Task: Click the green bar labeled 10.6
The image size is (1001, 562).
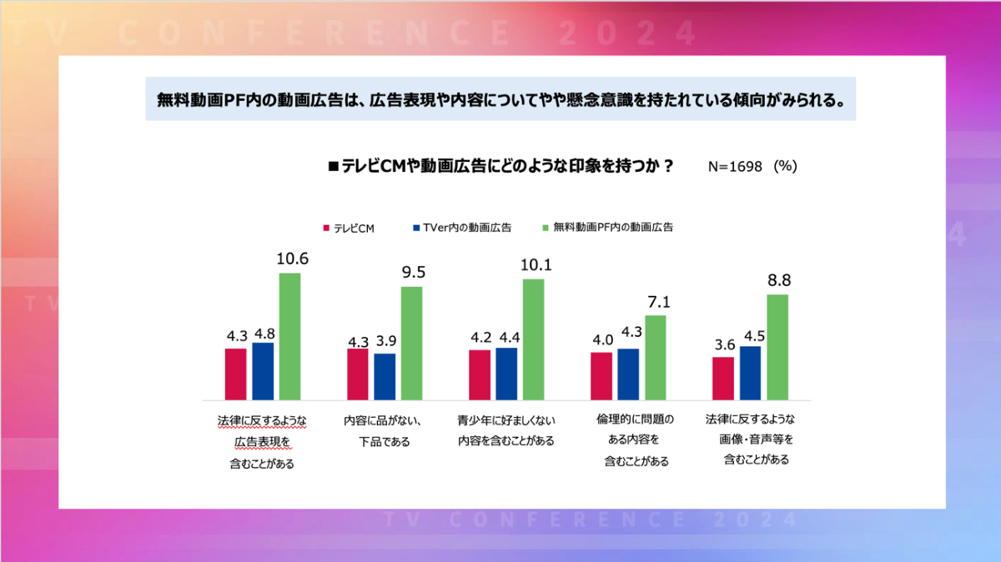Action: point(289,336)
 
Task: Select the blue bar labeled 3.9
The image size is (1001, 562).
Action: point(385,377)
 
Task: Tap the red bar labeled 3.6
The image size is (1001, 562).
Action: point(723,379)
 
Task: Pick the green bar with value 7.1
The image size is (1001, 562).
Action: point(655,358)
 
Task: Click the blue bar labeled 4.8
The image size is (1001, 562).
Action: point(263,371)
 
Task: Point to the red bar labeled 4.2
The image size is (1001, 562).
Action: point(480,375)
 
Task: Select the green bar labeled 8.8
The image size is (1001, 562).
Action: point(777,347)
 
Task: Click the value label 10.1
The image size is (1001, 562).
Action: point(536,265)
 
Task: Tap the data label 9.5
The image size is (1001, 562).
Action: point(414,272)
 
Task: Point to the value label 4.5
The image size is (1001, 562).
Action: point(754,336)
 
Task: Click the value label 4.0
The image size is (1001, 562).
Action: point(603,340)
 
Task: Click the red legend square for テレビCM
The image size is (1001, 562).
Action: point(326,228)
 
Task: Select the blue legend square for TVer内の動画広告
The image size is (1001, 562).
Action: point(416,228)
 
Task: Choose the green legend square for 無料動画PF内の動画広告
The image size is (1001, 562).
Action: point(546,228)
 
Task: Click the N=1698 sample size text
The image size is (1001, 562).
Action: point(735,167)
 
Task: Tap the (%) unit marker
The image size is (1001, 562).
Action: point(785,166)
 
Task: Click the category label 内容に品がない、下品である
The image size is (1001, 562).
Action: point(384,431)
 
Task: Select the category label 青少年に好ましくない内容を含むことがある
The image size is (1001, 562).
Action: point(506,430)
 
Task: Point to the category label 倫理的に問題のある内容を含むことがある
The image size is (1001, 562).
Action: point(635,440)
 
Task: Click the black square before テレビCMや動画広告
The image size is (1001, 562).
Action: point(333,167)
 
